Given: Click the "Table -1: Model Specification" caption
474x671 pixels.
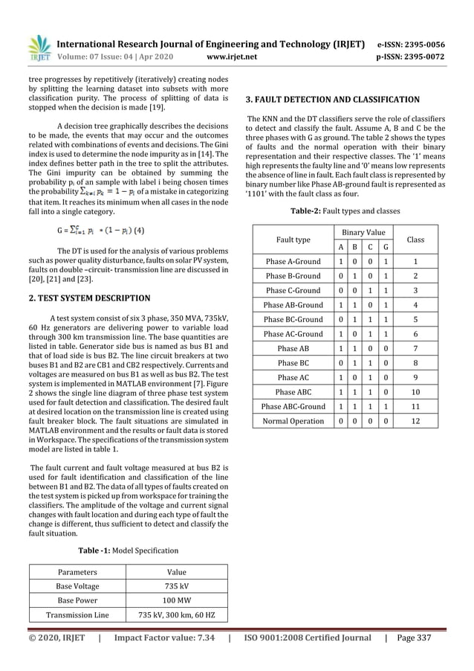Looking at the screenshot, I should click(129, 550).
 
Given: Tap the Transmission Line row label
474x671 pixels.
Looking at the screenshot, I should click(77, 615).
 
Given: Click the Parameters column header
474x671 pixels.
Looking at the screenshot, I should click(77, 572).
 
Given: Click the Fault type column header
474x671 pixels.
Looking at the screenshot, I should click(293, 240).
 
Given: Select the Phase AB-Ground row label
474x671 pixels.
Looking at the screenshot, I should click(293, 305).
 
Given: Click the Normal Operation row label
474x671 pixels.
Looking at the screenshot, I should click(293, 421).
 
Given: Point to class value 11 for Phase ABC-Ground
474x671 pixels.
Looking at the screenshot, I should click(416, 407).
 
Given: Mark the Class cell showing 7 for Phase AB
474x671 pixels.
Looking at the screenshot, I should click(416, 348).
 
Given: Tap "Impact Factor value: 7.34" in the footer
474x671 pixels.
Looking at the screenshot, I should click(163, 638).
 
